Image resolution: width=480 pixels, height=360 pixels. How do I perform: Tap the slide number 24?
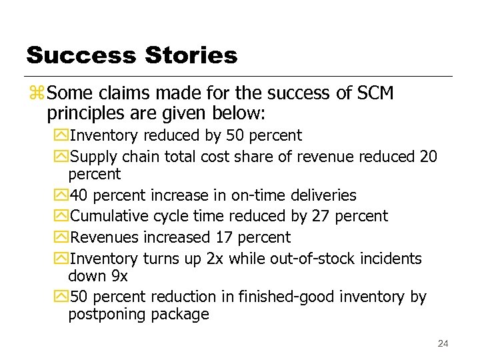(443, 343)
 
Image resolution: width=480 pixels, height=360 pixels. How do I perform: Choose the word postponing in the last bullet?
(105, 315)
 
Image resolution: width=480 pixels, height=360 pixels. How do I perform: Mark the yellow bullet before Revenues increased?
(62, 237)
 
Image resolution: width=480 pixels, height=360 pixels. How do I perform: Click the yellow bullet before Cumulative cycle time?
(62, 216)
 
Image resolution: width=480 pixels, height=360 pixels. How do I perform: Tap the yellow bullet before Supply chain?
(62, 157)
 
